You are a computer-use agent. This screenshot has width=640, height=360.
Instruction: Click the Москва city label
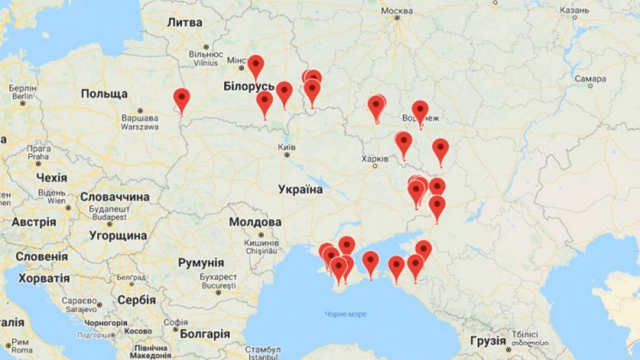click(x=397, y=11)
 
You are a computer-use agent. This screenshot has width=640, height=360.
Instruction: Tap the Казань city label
click(x=574, y=10)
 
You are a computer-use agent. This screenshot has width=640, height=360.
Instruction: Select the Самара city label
click(x=590, y=79)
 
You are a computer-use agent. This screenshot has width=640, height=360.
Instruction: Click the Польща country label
click(x=104, y=94)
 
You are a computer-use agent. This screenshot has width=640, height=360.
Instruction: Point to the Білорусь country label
click(x=249, y=86)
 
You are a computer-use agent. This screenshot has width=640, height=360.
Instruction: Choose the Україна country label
click(x=300, y=190)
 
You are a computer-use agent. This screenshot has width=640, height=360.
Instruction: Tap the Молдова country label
click(x=255, y=222)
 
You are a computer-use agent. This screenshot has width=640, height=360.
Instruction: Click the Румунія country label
click(x=201, y=262)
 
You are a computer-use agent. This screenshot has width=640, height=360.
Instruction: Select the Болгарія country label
click(x=204, y=334)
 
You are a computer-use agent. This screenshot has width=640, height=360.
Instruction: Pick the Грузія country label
click(x=487, y=340)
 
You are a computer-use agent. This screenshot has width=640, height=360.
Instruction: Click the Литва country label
click(x=185, y=22)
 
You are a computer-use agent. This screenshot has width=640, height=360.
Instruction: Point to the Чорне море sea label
click(x=346, y=314)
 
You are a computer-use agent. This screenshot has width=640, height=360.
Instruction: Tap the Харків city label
click(x=375, y=158)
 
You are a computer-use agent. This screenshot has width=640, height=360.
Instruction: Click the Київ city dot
click(x=287, y=155)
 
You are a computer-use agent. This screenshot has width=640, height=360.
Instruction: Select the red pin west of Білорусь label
click(x=182, y=99)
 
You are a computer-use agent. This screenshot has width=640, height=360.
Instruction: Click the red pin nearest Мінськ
click(x=256, y=66)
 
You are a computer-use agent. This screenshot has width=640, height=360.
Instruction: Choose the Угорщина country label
click(x=118, y=235)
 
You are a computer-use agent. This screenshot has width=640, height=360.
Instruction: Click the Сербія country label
click(x=137, y=300)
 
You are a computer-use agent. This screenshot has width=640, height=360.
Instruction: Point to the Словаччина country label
click(x=115, y=197)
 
